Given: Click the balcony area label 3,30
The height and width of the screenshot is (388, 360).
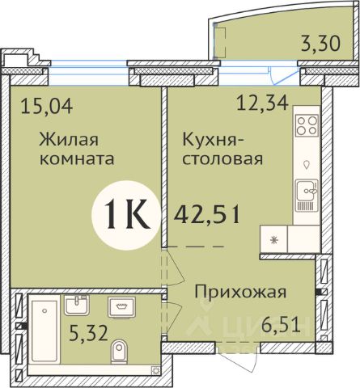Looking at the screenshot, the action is tap(320, 44).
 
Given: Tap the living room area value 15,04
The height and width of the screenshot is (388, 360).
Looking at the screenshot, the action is tap(47, 106).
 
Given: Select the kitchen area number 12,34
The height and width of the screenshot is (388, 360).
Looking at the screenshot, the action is tap(262, 103).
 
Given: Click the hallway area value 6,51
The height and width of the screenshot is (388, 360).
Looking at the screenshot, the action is tap(281, 324).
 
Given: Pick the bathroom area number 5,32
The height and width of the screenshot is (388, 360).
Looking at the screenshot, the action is tap(88, 333).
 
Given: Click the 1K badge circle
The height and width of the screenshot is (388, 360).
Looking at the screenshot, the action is tap(126, 215).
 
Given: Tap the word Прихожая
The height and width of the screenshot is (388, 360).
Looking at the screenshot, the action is tap(240, 292).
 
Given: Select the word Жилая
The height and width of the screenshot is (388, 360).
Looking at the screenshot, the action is tap(69, 140).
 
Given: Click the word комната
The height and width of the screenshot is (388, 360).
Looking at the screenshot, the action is tap(77, 159).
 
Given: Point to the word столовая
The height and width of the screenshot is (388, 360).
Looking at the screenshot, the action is tap(222, 158).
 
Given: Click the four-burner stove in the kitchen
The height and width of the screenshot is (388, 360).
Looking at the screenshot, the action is tap(307, 125).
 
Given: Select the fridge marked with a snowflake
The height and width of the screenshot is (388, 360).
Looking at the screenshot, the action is tap(273, 239).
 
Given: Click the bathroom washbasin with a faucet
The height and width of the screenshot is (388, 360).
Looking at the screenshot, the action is tap(77, 305).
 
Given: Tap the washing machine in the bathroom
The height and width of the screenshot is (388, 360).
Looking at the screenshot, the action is tap(121, 307).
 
